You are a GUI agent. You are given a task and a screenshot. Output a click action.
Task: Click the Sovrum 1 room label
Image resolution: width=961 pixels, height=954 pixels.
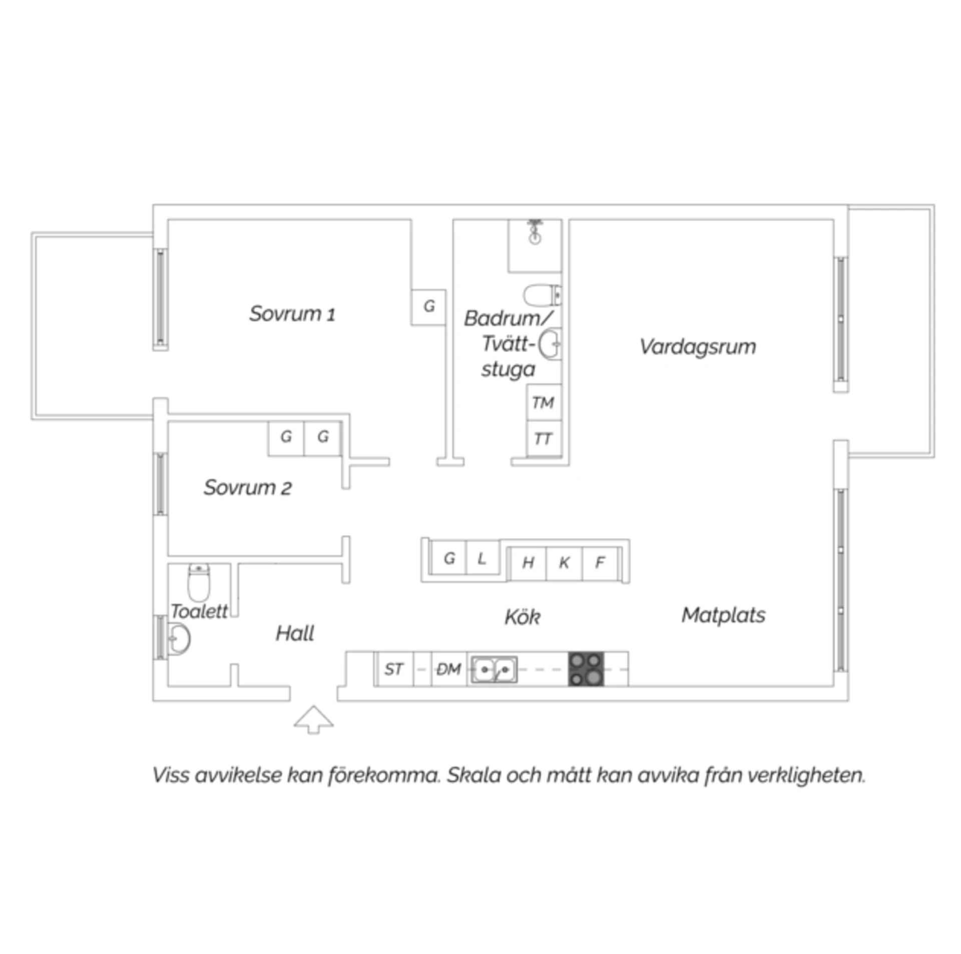(292, 314)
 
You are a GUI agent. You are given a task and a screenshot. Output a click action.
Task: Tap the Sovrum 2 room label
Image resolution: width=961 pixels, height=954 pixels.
(247, 487)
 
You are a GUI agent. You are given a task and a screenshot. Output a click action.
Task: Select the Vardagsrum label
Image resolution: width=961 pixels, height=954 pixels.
(698, 347)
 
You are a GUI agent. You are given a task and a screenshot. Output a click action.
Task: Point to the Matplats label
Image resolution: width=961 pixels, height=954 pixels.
(723, 615)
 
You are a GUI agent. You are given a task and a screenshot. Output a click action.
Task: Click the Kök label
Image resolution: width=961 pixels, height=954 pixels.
(522, 617)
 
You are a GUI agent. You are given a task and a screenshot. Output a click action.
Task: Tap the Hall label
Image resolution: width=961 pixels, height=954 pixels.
(295, 633)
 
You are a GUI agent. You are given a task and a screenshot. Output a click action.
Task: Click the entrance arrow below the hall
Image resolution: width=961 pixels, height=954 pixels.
(313, 719)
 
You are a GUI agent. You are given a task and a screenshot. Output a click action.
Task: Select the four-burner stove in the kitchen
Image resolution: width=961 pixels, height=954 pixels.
(586, 669)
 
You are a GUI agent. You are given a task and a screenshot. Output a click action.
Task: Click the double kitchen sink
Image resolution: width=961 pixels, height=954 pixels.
(494, 669)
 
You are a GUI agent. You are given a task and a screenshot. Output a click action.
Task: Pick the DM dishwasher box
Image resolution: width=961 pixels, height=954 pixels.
(448, 669)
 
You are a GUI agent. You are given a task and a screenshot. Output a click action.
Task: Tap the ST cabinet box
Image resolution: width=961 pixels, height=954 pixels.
(394, 669)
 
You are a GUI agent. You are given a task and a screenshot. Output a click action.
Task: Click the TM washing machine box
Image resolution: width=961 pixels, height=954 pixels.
(544, 402)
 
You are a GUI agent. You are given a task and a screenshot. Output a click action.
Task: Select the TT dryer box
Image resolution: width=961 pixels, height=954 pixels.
(544, 438)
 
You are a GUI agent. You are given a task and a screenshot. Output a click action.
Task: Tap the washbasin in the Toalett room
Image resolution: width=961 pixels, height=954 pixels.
(179, 639)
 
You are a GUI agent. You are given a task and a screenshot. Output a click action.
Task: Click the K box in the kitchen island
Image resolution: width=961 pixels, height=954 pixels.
(564, 563)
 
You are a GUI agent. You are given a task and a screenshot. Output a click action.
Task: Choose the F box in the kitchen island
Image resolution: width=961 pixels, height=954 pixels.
(600, 563)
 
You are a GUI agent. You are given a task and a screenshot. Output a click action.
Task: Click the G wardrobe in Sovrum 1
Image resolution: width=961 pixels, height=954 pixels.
(428, 307)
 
